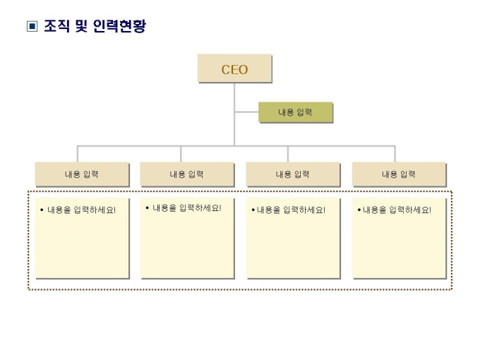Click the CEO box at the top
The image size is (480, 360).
click(x=234, y=69)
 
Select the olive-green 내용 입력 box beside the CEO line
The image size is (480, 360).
click(x=295, y=113)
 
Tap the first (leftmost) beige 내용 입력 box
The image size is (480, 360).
click(x=82, y=174)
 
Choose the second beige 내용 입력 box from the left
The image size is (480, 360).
click(x=187, y=174)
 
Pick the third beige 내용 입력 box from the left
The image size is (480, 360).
click(x=293, y=174)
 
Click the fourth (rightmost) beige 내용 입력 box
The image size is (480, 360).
click(x=399, y=174)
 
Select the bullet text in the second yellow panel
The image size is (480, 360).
click(x=186, y=208)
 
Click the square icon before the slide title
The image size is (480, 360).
click(x=32, y=28)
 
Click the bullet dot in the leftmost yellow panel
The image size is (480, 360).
click(x=42, y=210)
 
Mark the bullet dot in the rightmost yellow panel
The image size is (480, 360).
click(x=359, y=210)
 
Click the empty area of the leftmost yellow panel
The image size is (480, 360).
click(x=82, y=247)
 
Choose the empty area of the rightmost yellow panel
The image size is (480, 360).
click(x=399, y=247)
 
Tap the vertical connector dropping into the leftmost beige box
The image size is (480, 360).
click(x=78, y=154)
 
